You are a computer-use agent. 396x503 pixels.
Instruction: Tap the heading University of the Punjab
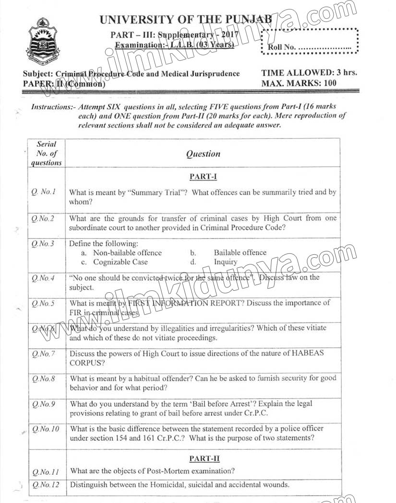pos(186,20)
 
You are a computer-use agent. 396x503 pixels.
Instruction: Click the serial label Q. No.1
pos(44,192)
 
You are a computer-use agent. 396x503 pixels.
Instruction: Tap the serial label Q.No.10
pos(46,429)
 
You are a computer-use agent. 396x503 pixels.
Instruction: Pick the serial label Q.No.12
pos(46,485)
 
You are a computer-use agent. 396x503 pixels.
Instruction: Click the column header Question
pos(203,154)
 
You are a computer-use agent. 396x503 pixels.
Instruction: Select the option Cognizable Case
pos(120,262)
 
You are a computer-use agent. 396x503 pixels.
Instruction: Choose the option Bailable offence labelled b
pos(240,252)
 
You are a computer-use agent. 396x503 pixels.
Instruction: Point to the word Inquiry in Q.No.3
pos(226,262)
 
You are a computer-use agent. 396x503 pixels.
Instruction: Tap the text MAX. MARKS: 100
pos(299,83)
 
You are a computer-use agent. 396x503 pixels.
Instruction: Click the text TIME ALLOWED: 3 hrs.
pos(309,73)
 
